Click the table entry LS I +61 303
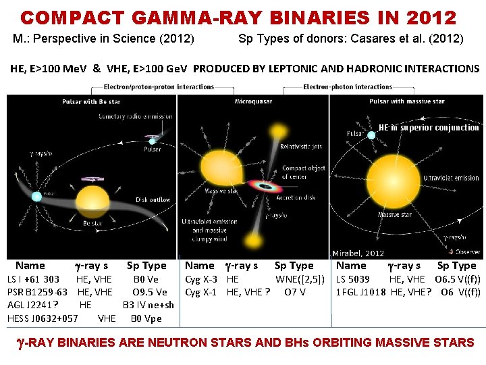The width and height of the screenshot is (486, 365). click(33, 279)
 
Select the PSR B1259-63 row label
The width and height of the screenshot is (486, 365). click(37, 292)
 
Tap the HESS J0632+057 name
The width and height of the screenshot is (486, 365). click(43, 318)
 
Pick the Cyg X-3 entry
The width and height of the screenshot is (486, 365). click(201, 279)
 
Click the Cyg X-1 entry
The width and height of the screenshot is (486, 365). click(201, 292)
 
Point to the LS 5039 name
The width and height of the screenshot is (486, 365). click(353, 279)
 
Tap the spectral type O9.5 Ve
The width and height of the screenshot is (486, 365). click(150, 292)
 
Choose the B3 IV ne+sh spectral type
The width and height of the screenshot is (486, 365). click(148, 305)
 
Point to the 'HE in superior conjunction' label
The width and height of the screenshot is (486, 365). click(429, 128)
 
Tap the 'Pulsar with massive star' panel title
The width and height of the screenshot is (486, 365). click(407, 101)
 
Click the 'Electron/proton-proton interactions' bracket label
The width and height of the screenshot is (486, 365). click(159, 87)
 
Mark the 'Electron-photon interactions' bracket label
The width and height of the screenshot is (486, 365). click(348, 87)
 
